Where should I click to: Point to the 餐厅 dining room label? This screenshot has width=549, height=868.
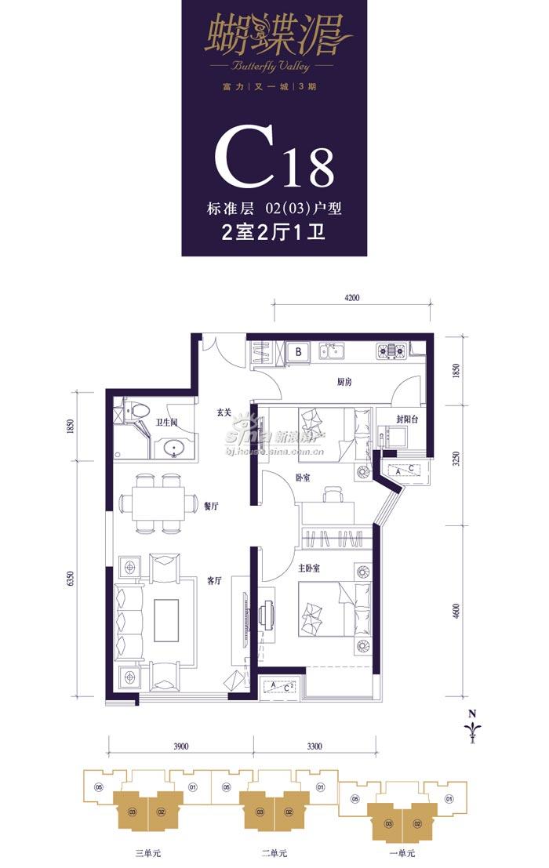[210, 507]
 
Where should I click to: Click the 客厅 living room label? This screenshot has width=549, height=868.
[215, 581]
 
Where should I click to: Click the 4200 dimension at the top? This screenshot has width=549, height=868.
[351, 298]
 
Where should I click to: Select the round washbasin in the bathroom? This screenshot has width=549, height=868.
[174, 449]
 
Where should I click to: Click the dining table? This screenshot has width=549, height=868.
[158, 502]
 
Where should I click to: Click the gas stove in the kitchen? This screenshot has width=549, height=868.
[390, 350]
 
